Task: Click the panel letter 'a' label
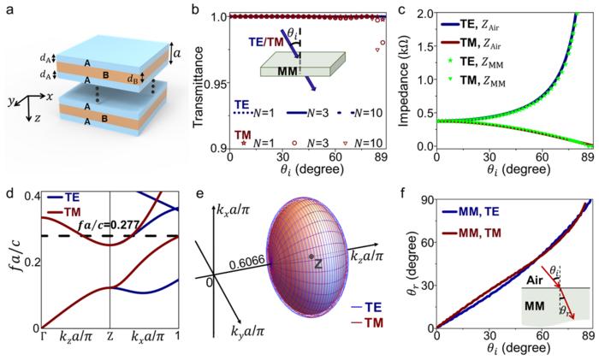(9, 10)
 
